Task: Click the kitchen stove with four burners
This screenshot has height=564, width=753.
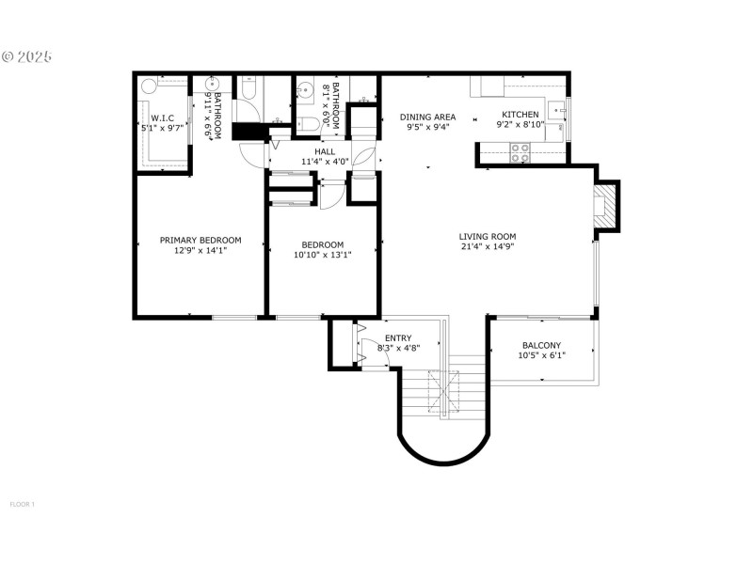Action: pyautogui.click(x=521, y=152)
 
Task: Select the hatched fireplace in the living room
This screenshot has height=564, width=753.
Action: pyautogui.click(x=607, y=206)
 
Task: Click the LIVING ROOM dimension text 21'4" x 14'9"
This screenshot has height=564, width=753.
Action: pyautogui.click(x=488, y=247)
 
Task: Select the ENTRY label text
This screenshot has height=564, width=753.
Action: pyautogui.click(x=398, y=337)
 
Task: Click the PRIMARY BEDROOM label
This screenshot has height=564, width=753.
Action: pyautogui.click(x=200, y=240)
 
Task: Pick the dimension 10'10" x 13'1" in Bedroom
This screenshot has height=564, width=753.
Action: pyautogui.click(x=323, y=254)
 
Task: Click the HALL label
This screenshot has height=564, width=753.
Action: pyautogui.click(x=325, y=151)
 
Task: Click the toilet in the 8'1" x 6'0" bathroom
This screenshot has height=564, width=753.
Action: pyautogui.click(x=308, y=124)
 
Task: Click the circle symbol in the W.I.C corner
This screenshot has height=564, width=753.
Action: pyautogui.click(x=149, y=86)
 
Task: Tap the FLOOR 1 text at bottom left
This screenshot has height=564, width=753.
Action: pyautogui.click(x=22, y=505)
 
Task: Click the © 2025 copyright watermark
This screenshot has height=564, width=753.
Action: pyautogui.click(x=26, y=56)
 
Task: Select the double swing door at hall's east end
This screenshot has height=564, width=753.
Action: pyautogui.click(x=367, y=155)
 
